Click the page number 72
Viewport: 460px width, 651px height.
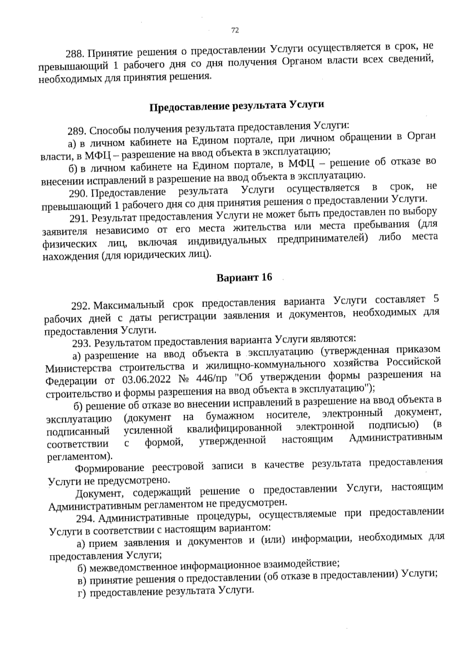(x=235, y=31)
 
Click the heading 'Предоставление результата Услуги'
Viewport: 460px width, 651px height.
(x=237, y=105)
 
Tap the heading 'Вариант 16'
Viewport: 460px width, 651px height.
(x=244, y=277)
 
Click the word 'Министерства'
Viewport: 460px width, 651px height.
(x=73, y=368)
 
